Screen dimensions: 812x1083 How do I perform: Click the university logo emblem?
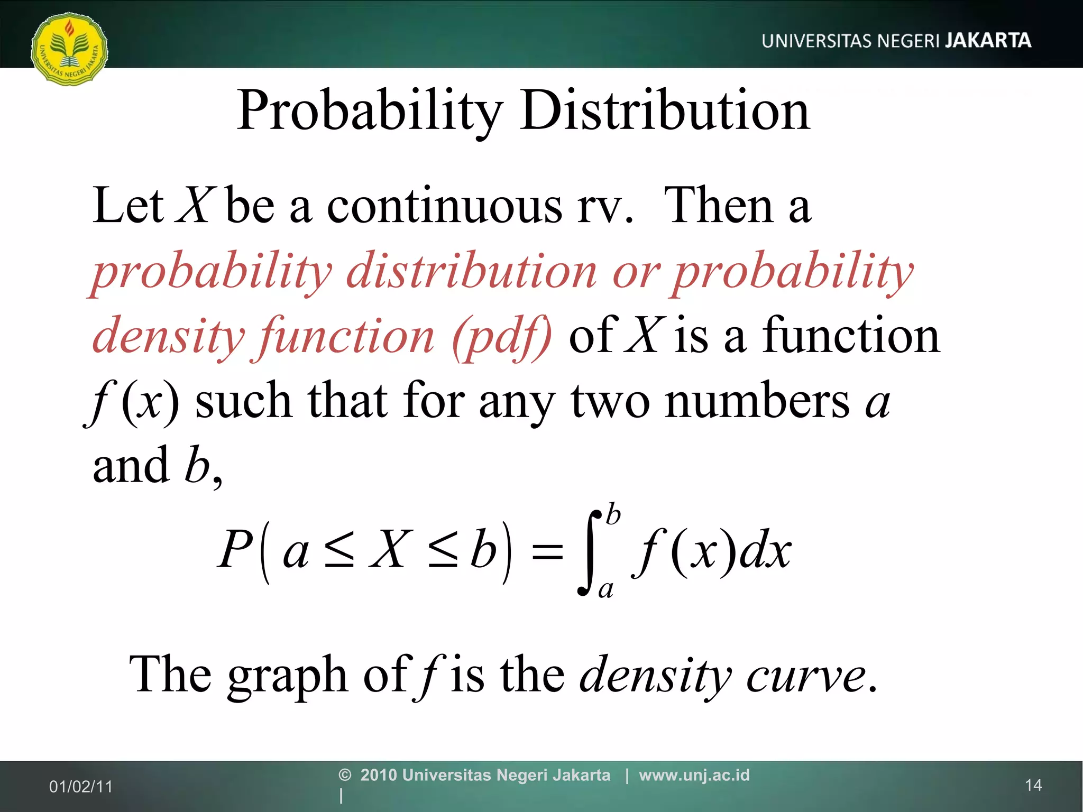click(x=69, y=50)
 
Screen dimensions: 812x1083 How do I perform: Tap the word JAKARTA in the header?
click(x=988, y=41)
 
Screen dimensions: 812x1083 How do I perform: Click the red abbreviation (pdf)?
click(x=502, y=337)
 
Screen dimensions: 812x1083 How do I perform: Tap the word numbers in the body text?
click(x=757, y=401)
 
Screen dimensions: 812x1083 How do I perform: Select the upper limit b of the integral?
click(x=613, y=514)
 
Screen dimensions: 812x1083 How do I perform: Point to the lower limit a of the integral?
click(x=606, y=589)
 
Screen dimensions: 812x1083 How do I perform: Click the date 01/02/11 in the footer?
click(x=81, y=787)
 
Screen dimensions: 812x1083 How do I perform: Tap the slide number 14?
click(x=1033, y=786)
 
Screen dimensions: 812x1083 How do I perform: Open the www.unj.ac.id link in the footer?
click(x=694, y=775)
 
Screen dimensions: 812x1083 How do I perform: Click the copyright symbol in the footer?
click(x=345, y=775)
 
